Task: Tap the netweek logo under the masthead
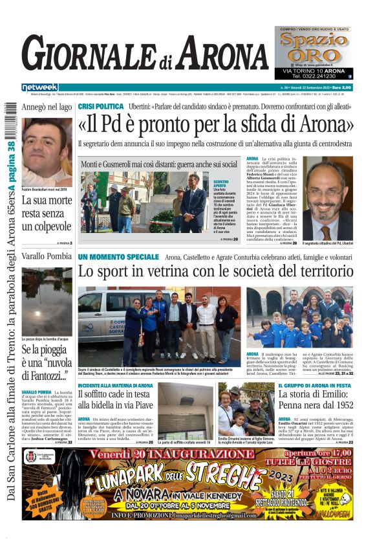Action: [39, 87]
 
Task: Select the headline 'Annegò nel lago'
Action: [47, 107]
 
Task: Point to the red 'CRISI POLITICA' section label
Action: [100, 106]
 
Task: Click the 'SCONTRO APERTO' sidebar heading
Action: [222, 186]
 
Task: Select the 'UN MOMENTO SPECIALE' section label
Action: [118, 257]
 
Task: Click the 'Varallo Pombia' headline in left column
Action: [47, 256]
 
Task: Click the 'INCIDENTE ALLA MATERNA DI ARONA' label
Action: [115, 386]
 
